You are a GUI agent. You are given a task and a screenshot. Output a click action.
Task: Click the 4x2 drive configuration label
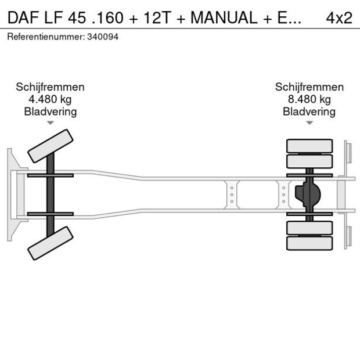click(x=339, y=17)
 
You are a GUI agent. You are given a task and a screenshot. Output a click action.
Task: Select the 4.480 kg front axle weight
click(x=50, y=99)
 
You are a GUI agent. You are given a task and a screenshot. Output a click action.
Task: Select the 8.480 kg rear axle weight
click(x=309, y=99)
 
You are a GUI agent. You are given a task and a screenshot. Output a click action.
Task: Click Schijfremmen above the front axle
click(x=50, y=87)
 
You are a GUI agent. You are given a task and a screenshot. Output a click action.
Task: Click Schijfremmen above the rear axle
click(x=309, y=87)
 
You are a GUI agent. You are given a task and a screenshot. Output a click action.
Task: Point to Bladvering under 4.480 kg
click(x=50, y=111)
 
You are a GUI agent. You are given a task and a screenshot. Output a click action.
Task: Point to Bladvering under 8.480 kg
click(x=309, y=111)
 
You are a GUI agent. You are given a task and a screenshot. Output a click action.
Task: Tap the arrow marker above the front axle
click(x=50, y=123)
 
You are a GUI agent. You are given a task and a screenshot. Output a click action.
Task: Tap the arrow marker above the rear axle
click(x=309, y=123)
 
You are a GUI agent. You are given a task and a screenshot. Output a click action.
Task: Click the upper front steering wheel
click(x=51, y=146)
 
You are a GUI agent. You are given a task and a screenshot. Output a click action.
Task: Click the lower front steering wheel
click(x=51, y=243)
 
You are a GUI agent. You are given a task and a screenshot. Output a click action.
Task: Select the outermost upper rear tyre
click(x=309, y=145)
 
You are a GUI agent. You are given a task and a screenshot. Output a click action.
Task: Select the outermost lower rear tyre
click(x=309, y=243)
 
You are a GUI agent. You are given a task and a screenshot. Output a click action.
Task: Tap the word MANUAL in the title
click(x=223, y=17)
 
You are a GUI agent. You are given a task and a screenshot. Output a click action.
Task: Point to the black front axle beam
click(x=51, y=195)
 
